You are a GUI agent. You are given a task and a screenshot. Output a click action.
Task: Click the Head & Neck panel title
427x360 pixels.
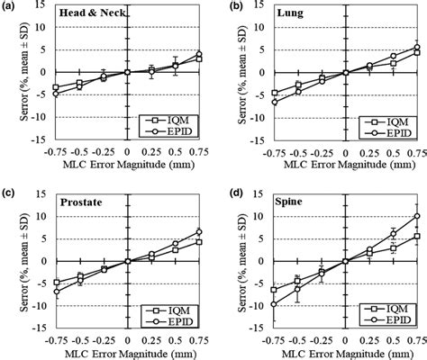[x=92, y=16]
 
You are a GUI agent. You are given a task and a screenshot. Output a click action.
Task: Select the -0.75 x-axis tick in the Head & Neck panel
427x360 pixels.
[x=56, y=152]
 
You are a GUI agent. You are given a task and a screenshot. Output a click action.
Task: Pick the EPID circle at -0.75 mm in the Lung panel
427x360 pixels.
[x=274, y=102]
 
